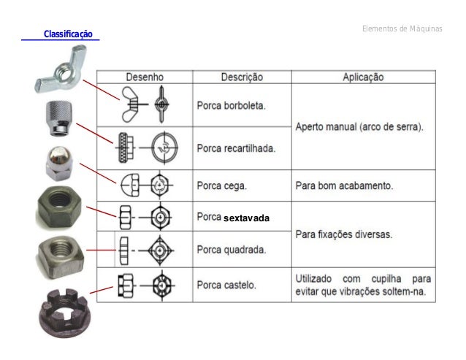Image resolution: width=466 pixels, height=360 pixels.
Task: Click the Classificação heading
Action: pyautogui.click(x=69, y=34)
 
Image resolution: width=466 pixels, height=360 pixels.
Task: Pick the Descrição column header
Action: pyautogui.click(x=242, y=76)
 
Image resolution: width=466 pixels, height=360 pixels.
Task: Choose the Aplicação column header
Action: pyautogui.click(x=363, y=76)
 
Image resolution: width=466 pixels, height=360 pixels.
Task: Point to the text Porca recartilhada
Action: pyautogui.click(x=236, y=148)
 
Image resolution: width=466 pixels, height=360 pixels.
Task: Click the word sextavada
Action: pyautogui.click(x=247, y=218)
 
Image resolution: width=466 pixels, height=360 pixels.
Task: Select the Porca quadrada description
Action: pyautogui.click(x=232, y=249)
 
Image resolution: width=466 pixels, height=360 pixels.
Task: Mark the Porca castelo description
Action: pyautogui.click(x=227, y=284)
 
